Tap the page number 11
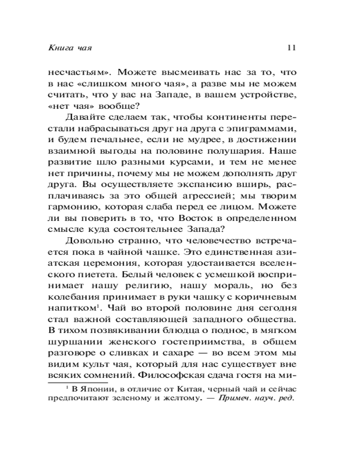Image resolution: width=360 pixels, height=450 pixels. point(291,48)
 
